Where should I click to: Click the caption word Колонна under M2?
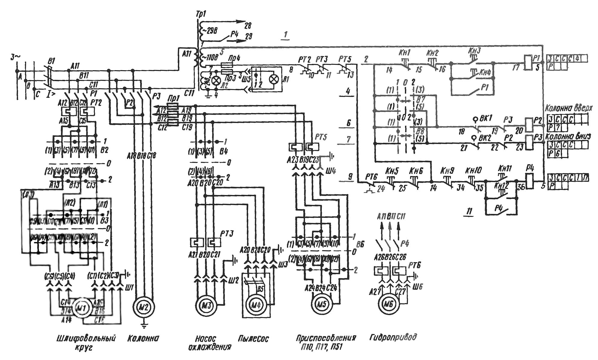tap(143, 338)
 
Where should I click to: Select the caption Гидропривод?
tap(393, 337)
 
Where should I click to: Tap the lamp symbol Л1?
tap(273, 79)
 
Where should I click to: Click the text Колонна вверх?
tap(569, 108)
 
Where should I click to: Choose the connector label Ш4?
tap(331, 171)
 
